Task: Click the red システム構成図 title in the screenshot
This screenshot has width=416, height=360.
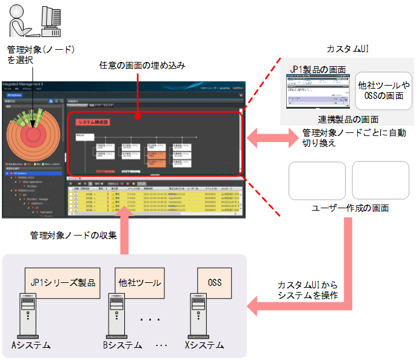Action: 92,121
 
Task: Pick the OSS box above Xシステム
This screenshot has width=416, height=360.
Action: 215,282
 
